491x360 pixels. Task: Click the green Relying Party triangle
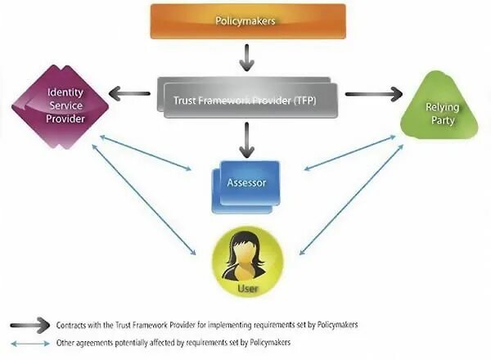point(439,108)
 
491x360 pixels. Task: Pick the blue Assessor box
point(246,183)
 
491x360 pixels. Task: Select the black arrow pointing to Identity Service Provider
point(130,93)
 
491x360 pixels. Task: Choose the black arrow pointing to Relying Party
point(373,94)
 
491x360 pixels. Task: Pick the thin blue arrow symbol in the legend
point(30,342)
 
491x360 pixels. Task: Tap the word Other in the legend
point(65,342)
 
